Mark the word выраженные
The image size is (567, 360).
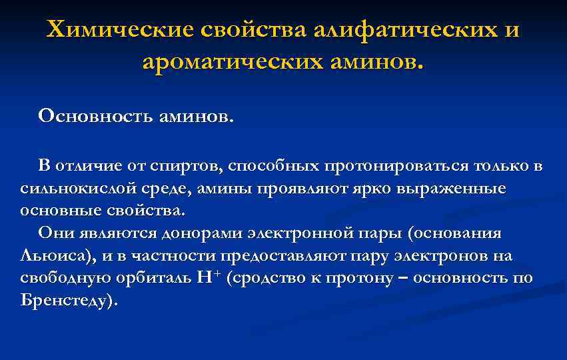[x=450, y=188]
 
